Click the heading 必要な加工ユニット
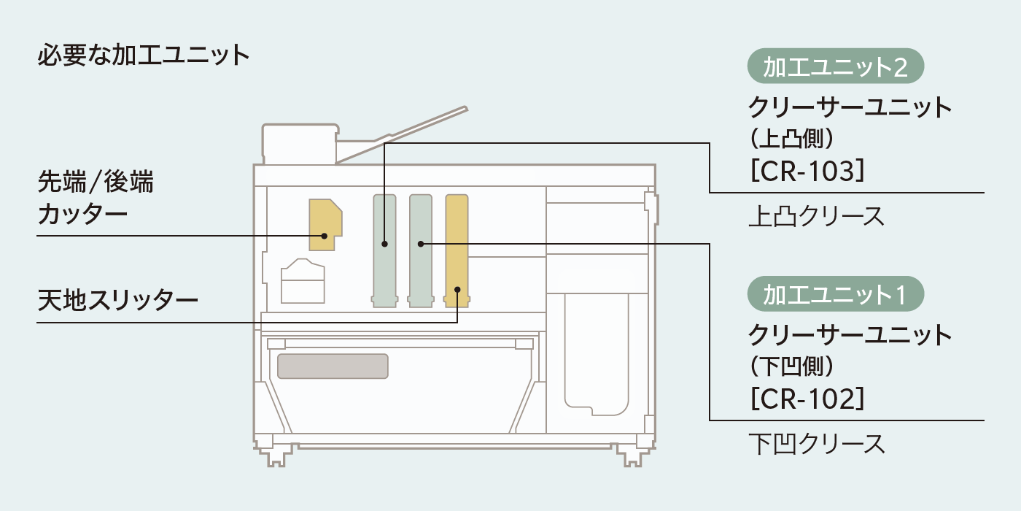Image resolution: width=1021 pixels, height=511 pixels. coord(143,56)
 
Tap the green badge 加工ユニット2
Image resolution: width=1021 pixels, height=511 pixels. coord(836,67)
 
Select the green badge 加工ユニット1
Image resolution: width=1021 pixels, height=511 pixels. coord(836,294)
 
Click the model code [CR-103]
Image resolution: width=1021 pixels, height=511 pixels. coord(807,171)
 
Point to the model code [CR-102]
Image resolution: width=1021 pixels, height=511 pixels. coord(807,398)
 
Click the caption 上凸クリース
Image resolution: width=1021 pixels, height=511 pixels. coord(816,217)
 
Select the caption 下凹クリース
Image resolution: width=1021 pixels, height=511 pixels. coord(816,444)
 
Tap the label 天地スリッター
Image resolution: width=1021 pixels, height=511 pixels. coord(117,300)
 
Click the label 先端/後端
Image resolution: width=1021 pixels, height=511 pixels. coord(96,181)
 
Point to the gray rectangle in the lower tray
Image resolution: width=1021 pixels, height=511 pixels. coord(332,366)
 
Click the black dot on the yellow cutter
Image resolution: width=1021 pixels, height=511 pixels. coord(325,236)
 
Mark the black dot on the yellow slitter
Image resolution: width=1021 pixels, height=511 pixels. coord(457,290)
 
